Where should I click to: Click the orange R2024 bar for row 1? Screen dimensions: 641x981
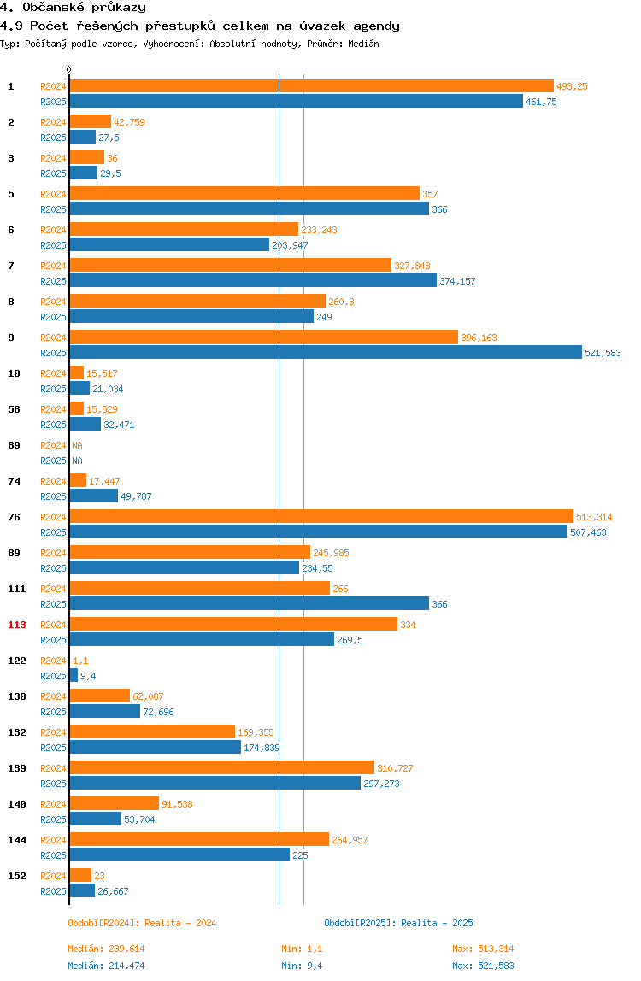coord(312,86)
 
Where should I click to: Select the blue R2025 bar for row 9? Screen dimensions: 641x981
coord(326,353)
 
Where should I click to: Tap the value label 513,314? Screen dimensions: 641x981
coord(594,517)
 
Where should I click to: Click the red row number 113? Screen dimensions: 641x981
coord(17,625)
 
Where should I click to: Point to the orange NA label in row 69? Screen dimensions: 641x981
coord(78,445)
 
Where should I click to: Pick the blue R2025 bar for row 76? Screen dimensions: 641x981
coord(319,532)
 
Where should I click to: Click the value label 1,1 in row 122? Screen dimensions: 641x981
coord(80,661)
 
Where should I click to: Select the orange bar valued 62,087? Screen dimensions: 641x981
coord(100,696)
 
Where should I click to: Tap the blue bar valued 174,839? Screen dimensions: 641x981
coord(156,748)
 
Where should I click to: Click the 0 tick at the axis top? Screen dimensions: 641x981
coord(69,69)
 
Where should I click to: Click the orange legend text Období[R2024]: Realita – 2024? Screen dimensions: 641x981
coord(142,924)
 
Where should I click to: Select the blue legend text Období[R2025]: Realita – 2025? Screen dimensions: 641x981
coord(399,924)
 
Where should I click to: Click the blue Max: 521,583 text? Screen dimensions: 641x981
coord(483,966)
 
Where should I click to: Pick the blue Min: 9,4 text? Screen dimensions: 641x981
coord(302,966)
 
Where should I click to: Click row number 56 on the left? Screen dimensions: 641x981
coord(14,410)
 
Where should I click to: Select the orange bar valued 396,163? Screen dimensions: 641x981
coord(264,338)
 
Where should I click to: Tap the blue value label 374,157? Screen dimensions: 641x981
coord(457,281)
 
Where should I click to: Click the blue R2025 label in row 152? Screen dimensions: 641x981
coord(53,891)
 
